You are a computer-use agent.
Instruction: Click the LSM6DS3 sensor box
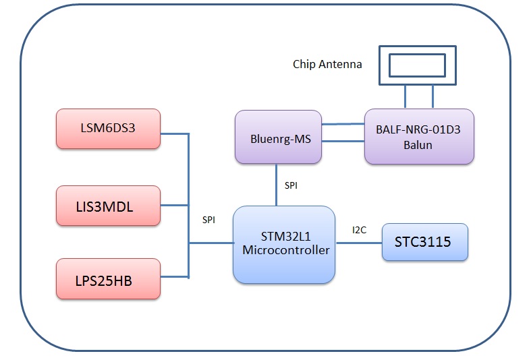point(108,127)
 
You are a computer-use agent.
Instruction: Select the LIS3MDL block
point(108,206)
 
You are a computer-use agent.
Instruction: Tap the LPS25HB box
point(108,278)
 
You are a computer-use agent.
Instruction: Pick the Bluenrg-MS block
point(278,138)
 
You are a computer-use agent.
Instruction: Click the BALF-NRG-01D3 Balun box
point(419,136)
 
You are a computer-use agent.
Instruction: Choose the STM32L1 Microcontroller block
point(284,244)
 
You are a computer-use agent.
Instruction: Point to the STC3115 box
point(424,242)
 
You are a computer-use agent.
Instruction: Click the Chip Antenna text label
point(327,65)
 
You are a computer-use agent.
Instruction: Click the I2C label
point(359,230)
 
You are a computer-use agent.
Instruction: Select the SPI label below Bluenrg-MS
point(291,184)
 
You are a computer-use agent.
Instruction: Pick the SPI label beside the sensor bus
point(210,220)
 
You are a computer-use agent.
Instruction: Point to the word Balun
point(419,144)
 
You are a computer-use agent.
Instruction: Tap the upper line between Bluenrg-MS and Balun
point(343,125)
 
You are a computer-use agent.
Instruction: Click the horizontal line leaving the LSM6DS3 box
point(174,133)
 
